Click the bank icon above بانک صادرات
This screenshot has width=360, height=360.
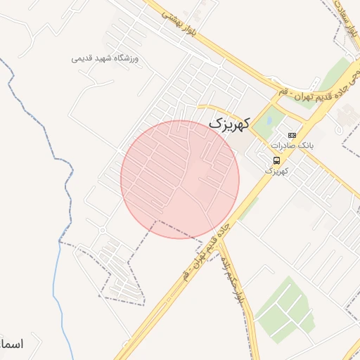point(292,135)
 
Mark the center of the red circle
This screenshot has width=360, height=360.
point(180,179)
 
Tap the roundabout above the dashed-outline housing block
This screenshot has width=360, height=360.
point(102,230)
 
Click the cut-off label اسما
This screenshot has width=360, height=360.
point(12,345)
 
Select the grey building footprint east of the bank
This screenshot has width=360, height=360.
point(346,117)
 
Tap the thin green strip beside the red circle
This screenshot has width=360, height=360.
point(247,209)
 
